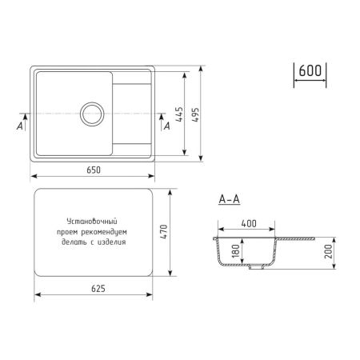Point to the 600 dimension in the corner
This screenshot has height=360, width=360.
click(310, 70)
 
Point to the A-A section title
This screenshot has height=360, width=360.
click(229, 199)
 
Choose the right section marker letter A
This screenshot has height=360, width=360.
click(166, 125)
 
